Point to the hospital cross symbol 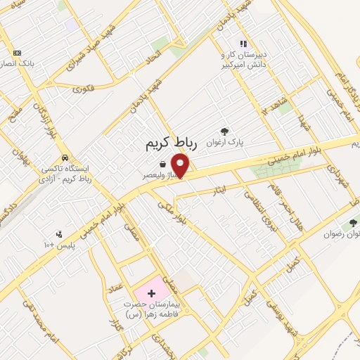(x=151, y=292)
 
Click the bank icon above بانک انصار (x=17, y=53)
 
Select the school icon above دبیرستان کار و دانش (x=243, y=43)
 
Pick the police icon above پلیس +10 (x=59, y=234)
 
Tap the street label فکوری (x=83, y=89)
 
